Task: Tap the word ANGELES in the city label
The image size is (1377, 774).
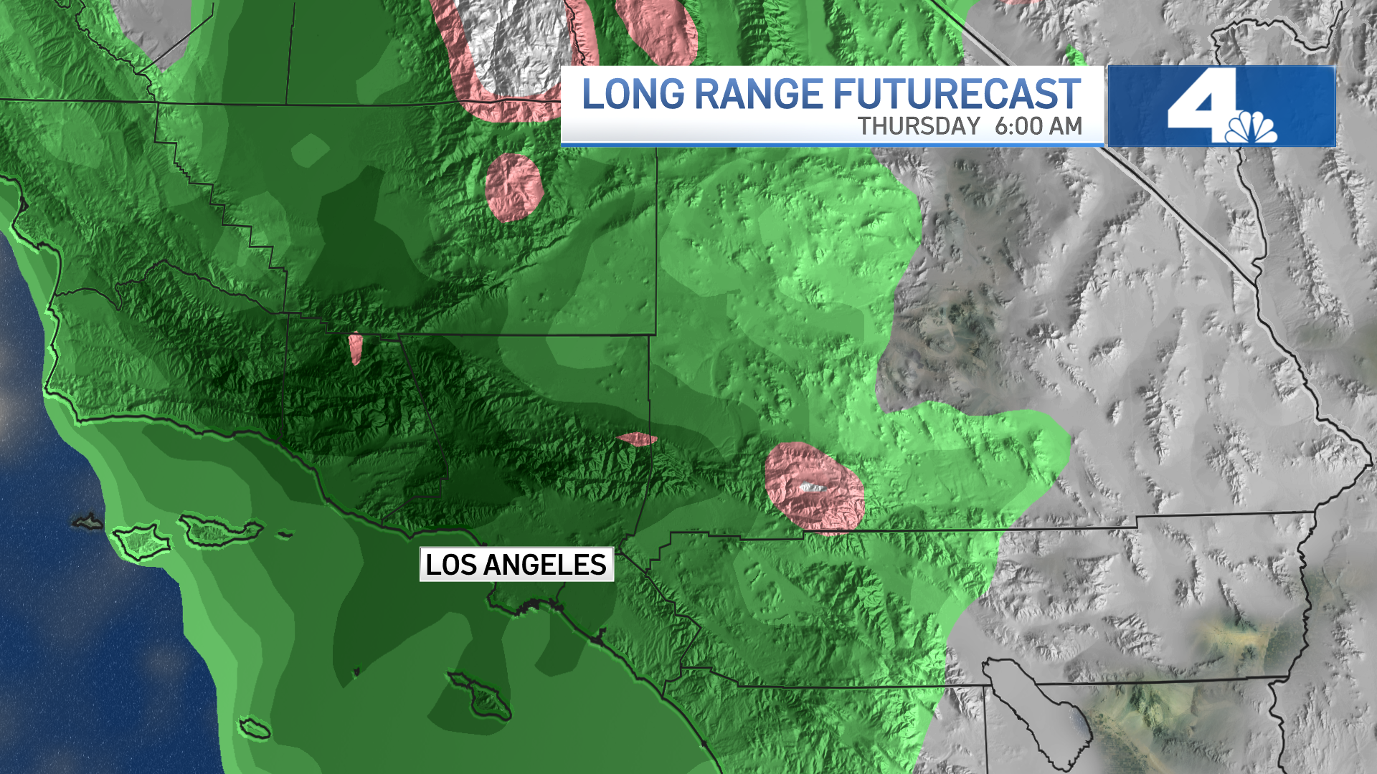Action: pyautogui.click(x=545, y=565)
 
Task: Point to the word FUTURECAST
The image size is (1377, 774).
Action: pyautogui.click(x=956, y=95)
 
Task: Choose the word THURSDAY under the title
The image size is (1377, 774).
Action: pyautogui.click(x=919, y=126)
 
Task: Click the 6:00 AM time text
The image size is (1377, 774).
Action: pyautogui.click(x=1038, y=126)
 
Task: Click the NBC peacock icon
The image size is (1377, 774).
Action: pyautogui.click(x=1251, y=129)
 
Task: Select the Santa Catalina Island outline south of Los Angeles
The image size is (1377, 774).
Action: pyautogui.click(x=479, y=695)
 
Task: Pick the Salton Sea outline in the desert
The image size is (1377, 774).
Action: pyautogui.click(x=1036, y=706)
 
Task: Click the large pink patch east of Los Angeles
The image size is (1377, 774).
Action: pyautogui.click(x=814, y=487)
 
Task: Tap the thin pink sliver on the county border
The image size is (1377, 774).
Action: pyautogui.click(x=636, y=439)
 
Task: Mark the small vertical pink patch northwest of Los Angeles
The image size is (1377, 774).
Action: pyautogui.click(x=356, y=348)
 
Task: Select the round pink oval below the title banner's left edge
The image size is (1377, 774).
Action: pyautogui.click(x=514, y=186)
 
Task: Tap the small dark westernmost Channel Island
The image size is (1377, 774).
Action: pyautogui.click(x=88, y=521)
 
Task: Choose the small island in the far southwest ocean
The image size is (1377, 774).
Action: pyautogui.click(x=255, y=728)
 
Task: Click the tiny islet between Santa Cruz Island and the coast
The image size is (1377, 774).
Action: pyautogui.click(x=285, y=534)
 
